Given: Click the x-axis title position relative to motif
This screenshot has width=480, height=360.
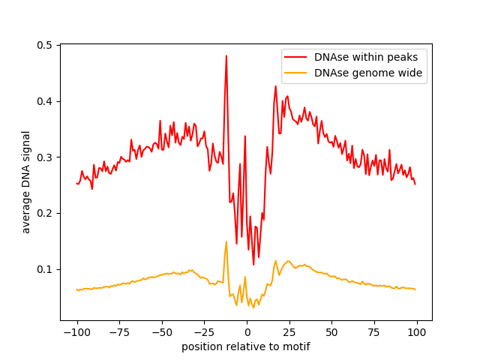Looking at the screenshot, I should (246, 346).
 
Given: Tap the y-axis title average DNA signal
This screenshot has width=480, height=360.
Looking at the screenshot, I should (26, 182).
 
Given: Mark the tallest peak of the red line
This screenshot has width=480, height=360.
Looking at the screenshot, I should (226, 55).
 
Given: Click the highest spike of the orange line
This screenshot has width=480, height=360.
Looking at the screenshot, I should (226, 241).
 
